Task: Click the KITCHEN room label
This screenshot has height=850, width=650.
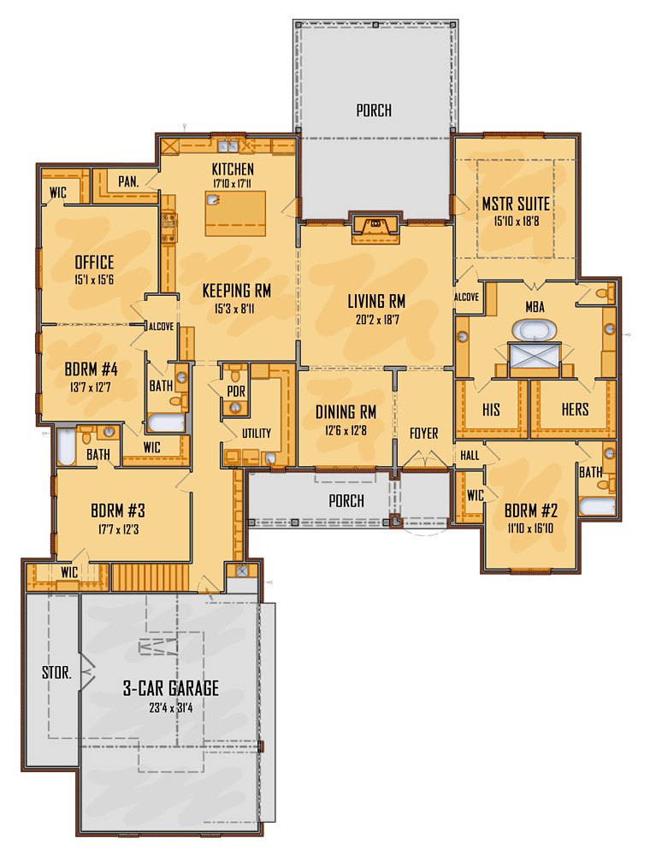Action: [x=233, y=169]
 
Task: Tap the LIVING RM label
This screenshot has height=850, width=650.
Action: [x=376, y=301]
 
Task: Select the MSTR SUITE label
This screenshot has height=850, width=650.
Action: [x=516, y=204]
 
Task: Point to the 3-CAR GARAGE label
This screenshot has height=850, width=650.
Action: [x=171, y=688]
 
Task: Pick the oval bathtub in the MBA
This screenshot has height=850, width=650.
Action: [x=535, y=329]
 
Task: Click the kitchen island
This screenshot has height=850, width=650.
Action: [x=235, y=213]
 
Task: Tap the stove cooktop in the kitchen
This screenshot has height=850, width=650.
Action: [x=168, y=228]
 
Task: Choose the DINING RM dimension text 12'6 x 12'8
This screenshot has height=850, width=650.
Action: [x=346, y=431]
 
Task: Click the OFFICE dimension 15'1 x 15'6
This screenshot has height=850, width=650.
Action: [x=94, y=280]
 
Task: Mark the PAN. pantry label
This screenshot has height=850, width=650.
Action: [x=128, y=181]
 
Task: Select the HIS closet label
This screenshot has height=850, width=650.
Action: [x=491, y=410]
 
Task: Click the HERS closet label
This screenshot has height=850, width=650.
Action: [x=575, y=410]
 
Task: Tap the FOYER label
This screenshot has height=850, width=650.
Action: [x=424, y=434]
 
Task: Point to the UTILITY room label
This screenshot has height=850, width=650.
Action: [x=257, y=434]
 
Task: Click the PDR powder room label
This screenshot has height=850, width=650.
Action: [x=236, y=392]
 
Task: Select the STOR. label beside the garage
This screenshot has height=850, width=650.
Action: [x=56, y=673]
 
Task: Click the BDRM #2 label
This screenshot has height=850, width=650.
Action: [x=531, y=511]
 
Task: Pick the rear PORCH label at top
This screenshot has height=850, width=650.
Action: [x=374, y=110]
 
